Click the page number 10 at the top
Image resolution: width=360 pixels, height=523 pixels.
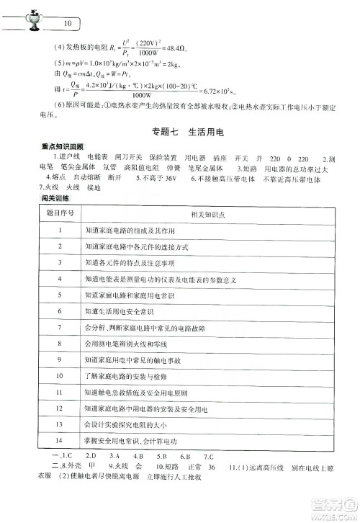[68, 22]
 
